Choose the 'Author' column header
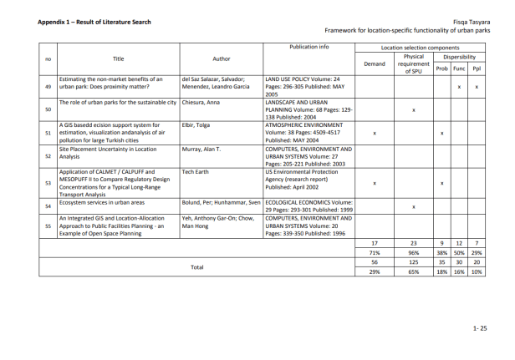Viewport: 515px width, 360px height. point(221,58)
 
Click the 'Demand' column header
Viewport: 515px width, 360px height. point(375,63)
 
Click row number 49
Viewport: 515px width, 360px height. point(48,87)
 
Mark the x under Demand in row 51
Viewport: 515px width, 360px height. point(375,133)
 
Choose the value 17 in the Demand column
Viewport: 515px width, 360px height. point(375,242)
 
